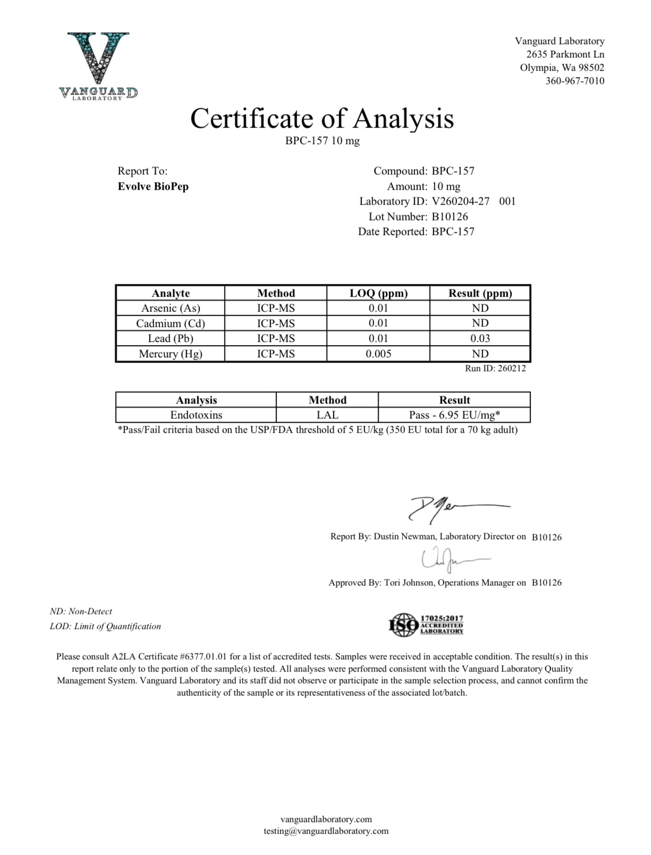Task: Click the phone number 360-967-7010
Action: pos(574,81)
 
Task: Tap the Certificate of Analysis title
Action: pos(322,118)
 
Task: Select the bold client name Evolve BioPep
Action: pos(153,187)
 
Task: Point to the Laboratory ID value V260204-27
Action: pos(460,202)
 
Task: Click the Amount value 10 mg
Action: pos(446,187)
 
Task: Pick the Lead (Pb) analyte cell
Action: pos(171,339)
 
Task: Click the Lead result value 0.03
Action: pos(480,339)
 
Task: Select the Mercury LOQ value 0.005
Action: pos(378,354)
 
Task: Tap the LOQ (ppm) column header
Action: pos(378,293)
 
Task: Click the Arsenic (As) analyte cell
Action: pos(171,308)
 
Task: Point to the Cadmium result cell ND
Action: pos(480,323)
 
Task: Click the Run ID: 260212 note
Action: pos(495,368)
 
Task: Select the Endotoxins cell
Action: pos(196,415)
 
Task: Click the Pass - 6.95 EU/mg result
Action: pos(454,415)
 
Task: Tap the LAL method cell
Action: pos(327,415)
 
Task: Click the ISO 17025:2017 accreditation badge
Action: pos(426,625)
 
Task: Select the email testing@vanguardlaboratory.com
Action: pos(326,831)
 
